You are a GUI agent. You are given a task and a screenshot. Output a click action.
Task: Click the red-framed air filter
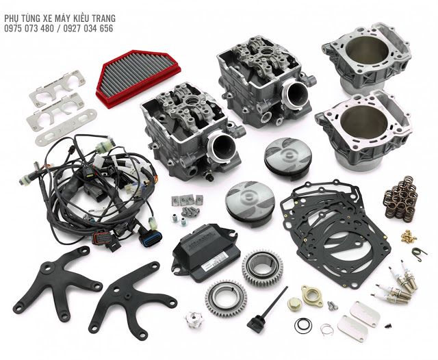tap(138, 78)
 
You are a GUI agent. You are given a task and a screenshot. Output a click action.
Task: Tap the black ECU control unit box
tap(206, 253)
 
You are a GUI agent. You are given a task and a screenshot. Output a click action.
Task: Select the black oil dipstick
tap(267, 309)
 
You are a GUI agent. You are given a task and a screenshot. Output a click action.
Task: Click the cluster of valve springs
tap(400, 197)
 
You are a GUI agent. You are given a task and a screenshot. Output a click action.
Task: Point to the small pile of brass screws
tap(409, 237)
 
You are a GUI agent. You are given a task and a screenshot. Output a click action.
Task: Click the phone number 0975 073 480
tap(29, 28)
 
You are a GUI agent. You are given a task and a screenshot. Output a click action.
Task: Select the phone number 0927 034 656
tap(88, 28)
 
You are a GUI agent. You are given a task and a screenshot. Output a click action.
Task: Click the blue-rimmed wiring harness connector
tap(151, 237)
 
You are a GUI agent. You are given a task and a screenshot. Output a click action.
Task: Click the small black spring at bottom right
tap(387, 325)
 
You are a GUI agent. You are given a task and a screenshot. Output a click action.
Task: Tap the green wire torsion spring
tap(418, 253)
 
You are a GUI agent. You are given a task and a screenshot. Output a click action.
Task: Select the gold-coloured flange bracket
tap(312, 296)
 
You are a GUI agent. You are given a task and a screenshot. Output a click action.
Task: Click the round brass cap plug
tap(294, 303)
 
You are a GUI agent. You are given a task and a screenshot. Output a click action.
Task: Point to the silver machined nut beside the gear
tap(193, 319)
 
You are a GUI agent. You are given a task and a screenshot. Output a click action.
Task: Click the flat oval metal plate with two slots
tap(66, 127)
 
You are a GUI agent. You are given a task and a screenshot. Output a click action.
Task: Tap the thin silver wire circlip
tap(327, 329)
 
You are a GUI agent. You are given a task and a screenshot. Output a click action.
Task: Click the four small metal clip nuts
tap(187, 200)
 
